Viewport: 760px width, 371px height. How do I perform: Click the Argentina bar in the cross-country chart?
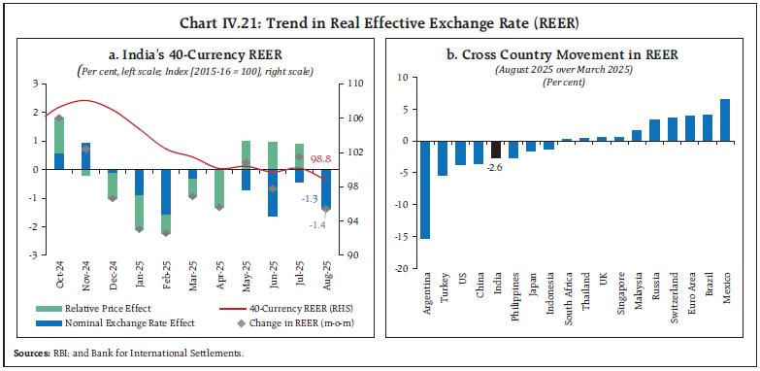[x=425, y=189]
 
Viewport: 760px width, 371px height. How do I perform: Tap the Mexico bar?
[x=724, y=119]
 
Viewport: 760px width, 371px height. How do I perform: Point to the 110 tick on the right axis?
[x=354, y=84]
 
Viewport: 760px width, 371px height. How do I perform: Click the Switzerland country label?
[x=671, y=302]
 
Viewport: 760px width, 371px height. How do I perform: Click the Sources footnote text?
[x=130, y=354]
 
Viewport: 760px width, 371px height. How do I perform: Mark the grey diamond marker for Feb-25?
[x=166, y=232]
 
